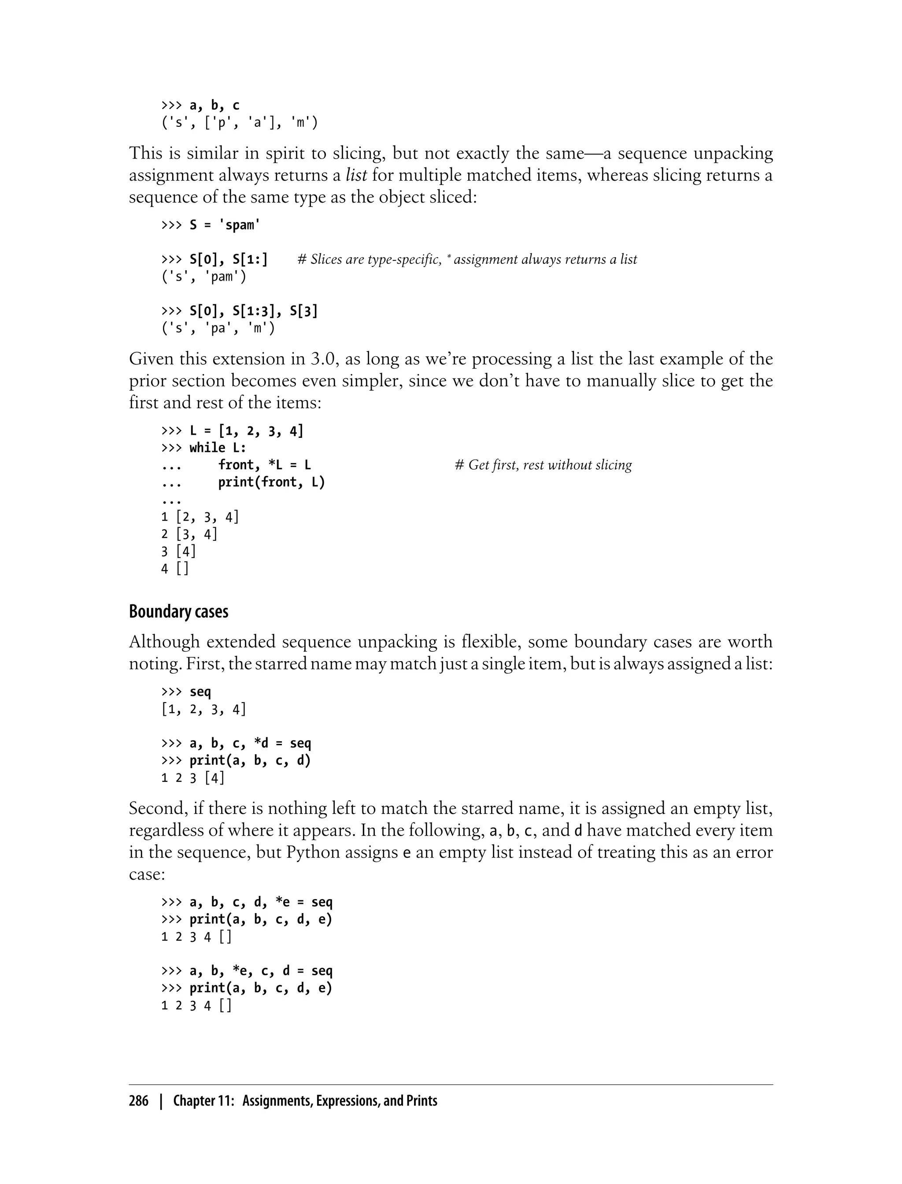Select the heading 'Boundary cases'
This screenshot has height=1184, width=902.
[178, 611]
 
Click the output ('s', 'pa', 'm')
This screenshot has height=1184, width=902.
[218, 328]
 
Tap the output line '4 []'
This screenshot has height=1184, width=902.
[175, 568]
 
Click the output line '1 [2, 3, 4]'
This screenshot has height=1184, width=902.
[200, 517]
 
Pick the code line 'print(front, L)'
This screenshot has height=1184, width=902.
[271, 482]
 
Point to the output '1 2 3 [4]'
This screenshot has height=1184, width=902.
[193, 777]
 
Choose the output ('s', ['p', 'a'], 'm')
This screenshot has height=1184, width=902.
[240, 123]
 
